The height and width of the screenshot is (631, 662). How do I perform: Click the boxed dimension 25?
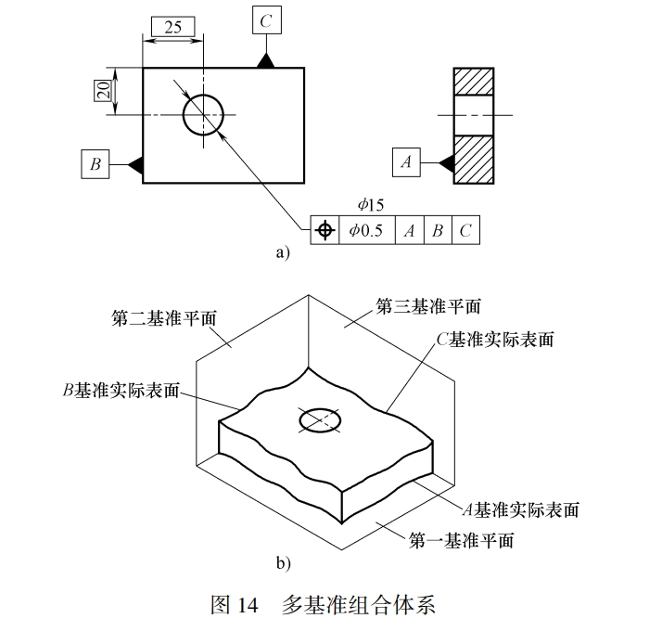tap(173, 27)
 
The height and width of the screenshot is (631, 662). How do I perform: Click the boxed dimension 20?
tap(103, 91)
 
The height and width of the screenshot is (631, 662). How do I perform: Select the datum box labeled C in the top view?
tap(266, 20)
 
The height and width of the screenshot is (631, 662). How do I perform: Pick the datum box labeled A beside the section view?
tap(406, 162)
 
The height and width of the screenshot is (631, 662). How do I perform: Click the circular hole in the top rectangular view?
tap(203, 115)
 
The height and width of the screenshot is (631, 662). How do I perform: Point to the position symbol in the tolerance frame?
tap(325, 230)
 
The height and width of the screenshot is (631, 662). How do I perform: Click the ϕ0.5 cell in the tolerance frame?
tap(366, 230)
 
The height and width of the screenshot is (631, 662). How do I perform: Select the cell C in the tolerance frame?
tap(466, 230)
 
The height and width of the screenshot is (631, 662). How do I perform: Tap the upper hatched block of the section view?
tap(473, 81)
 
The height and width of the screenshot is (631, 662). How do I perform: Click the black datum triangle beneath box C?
tap(266, 60)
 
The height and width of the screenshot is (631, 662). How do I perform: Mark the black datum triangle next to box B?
tap(135, 164)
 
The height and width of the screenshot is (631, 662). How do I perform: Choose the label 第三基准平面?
tap(428, 305)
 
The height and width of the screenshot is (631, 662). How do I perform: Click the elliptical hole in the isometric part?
tap(319, 421)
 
